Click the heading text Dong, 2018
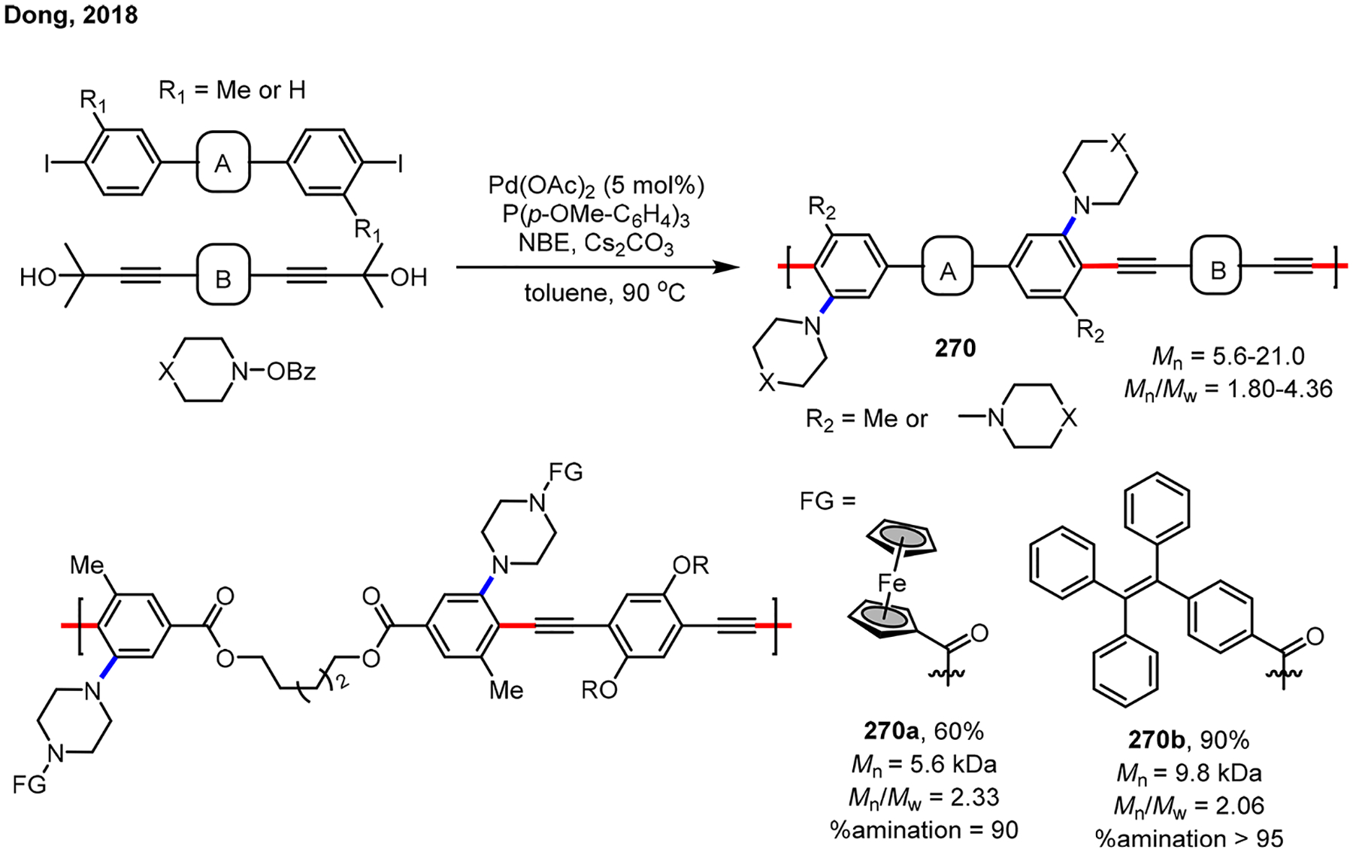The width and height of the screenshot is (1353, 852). (71, 15)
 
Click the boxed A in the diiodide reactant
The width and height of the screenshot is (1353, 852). (222, 163)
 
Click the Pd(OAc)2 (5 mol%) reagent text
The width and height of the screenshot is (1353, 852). (596, 185)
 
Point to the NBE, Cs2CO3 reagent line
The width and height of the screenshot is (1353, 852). (596, 244)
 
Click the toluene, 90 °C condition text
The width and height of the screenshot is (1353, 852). (604, 292)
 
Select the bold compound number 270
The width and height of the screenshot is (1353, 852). (955, 348)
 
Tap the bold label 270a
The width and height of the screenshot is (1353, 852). (891, 731)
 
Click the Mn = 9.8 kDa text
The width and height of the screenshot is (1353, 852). (1188, 773)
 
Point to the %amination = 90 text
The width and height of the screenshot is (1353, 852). (924, 829)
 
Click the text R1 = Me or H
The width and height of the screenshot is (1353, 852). (232, 91)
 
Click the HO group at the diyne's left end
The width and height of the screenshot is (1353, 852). (38, 277)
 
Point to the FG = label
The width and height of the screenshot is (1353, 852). (828, 500)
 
